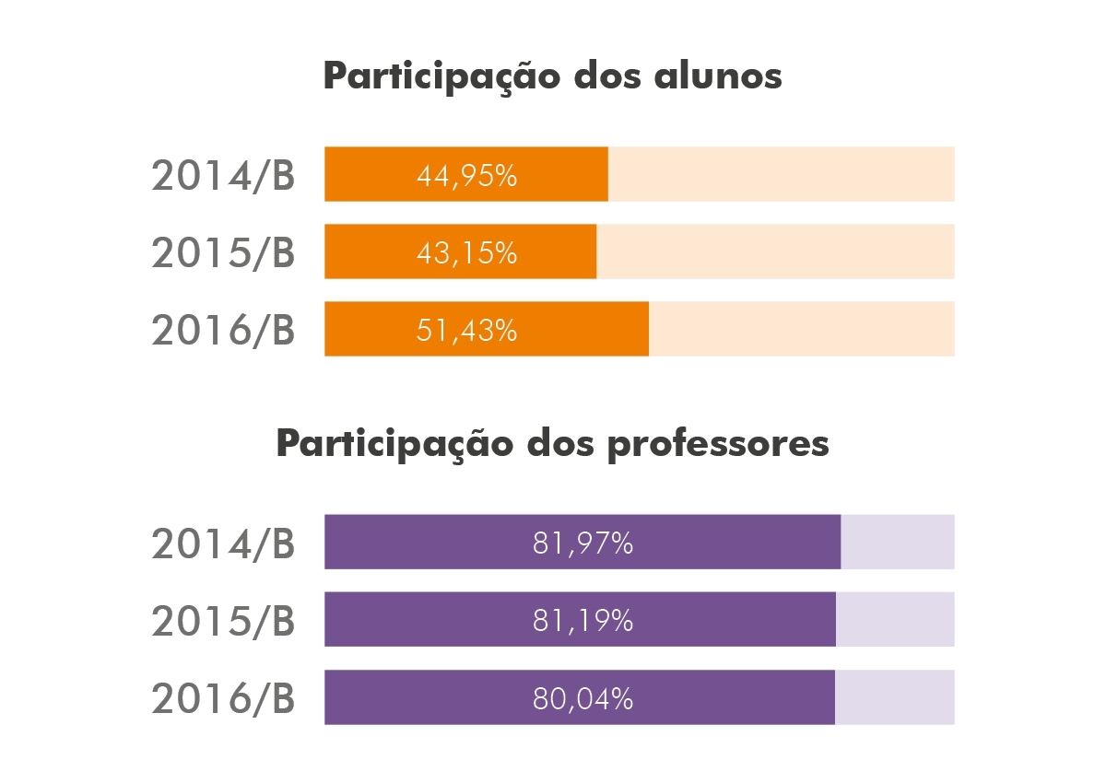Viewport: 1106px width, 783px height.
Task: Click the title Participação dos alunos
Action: tap(552, 76)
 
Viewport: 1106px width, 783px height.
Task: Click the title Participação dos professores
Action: tap(552, 444)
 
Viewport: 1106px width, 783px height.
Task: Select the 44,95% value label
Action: tap(466, 175)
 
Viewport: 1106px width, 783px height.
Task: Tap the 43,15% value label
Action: tap(466, 252)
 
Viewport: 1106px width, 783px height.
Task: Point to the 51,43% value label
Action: tap(466, 330)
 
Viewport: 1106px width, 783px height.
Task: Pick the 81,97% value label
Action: tap(582, 543)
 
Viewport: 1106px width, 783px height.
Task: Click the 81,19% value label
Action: tap(582, 621)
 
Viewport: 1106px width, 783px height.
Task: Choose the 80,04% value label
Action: tap(582, 698)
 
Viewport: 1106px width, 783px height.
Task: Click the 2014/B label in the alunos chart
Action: tap(223, 175)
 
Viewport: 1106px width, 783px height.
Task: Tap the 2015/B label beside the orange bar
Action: tap(223, 252)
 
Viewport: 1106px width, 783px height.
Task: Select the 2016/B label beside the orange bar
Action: tap(223, 330)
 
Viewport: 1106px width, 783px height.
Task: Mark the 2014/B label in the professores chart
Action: tap(223, 543)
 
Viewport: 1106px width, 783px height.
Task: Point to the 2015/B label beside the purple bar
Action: tap(223, 621)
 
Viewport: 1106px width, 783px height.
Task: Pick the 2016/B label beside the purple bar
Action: tap(223, 698)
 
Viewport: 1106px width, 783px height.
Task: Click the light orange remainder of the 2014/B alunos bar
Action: tap(781, 174)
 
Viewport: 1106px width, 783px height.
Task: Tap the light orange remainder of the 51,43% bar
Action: tap(801, 329)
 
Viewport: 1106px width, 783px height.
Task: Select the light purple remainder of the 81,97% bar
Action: tap(897, 542)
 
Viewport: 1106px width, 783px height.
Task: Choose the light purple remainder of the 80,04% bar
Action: tap(894, 696)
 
